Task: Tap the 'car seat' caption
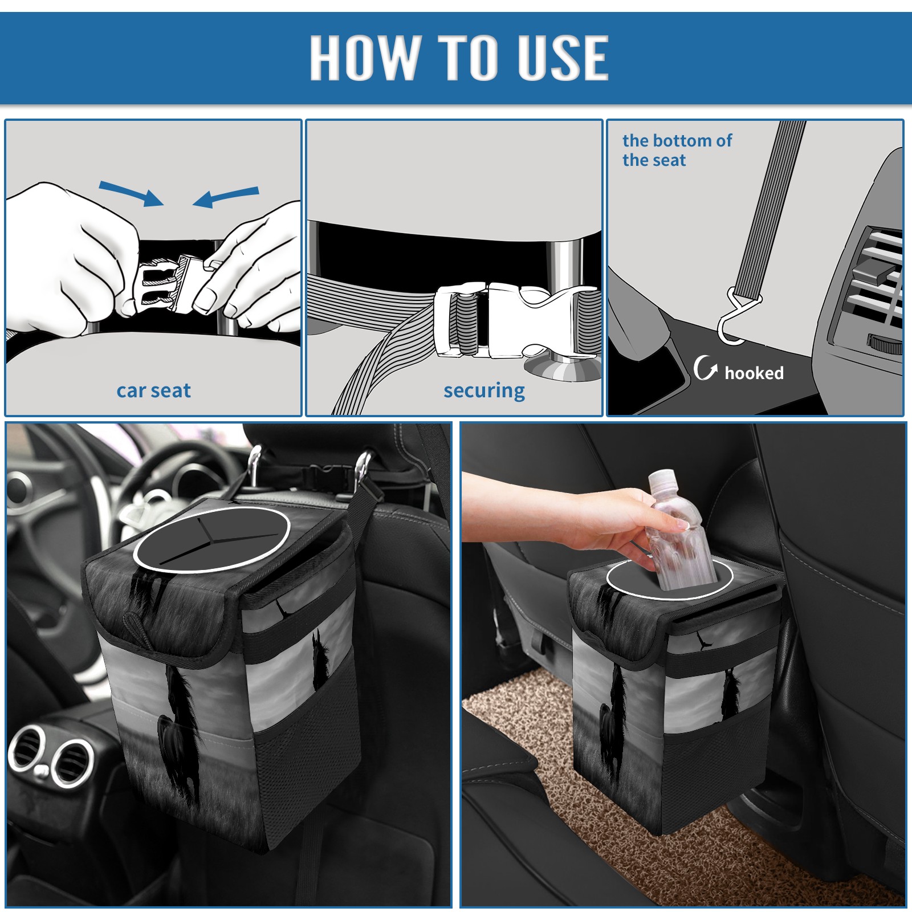[153, 390]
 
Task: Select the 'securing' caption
[484, 390]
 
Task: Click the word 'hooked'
[754, 373]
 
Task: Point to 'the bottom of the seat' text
[677, 150]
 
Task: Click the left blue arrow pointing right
[131, 193]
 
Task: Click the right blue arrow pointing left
[226, 197]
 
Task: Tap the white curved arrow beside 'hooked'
[705, 367]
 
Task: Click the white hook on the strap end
[735, 319]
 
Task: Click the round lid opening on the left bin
[212, 539]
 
